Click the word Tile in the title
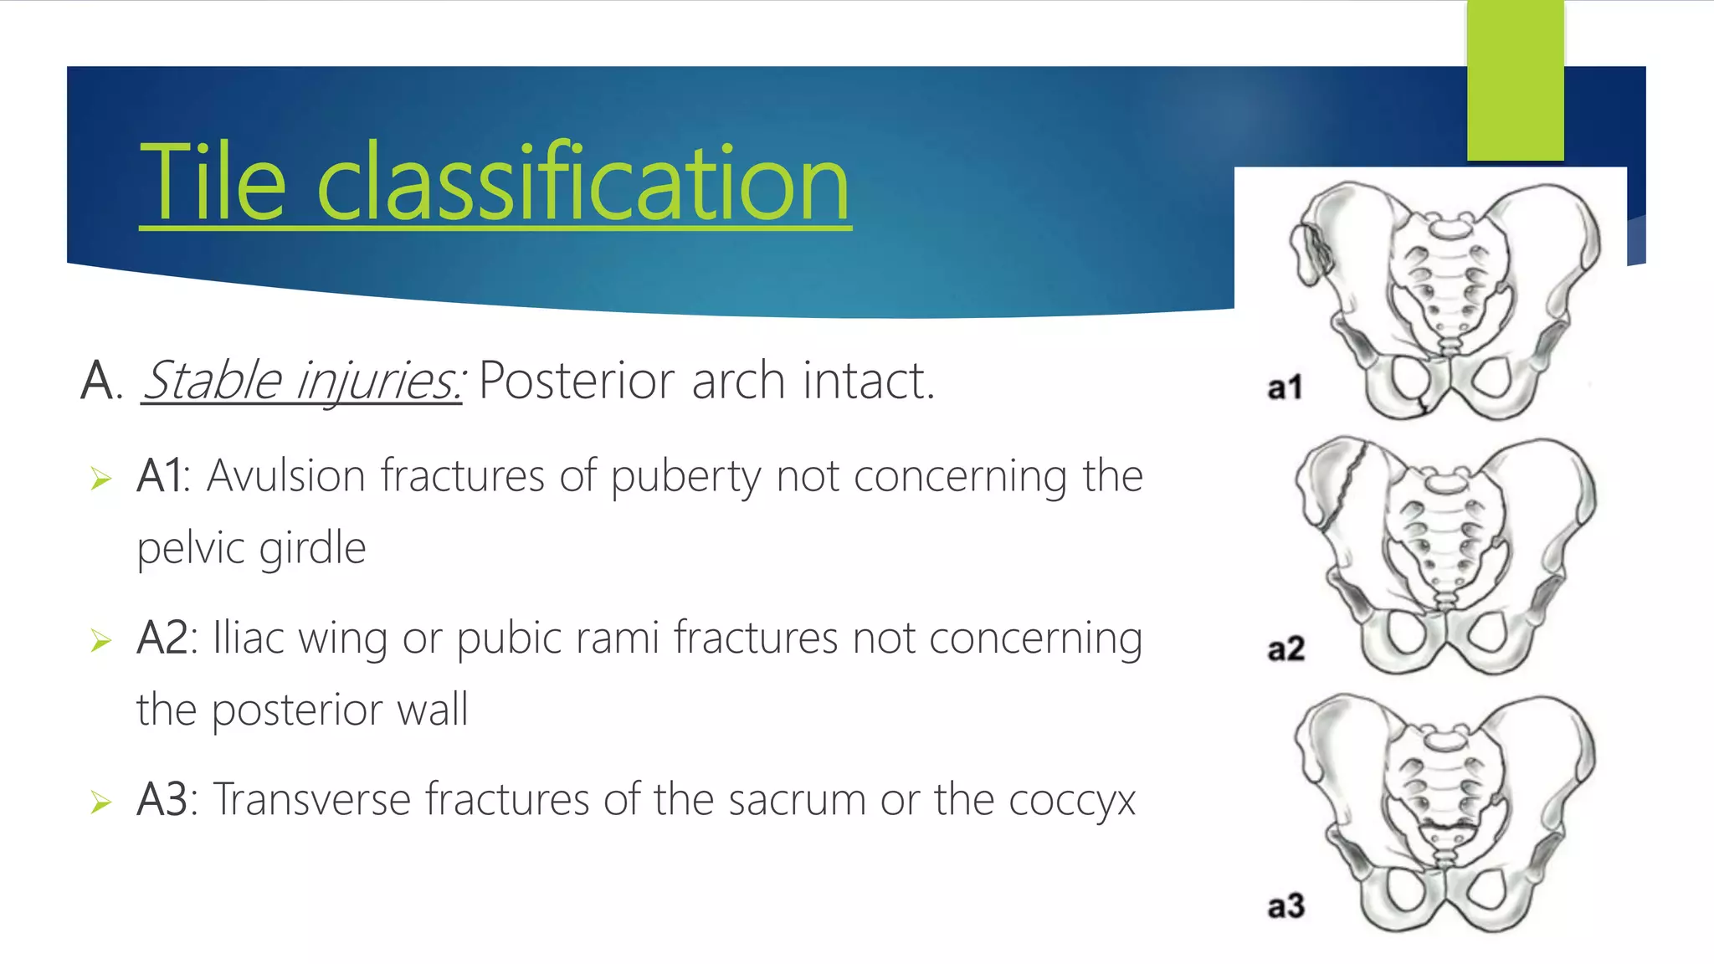pyautogui.click(x=213, y=182)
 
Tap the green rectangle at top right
pyautogui.click(x=1515, y=79)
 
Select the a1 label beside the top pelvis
pyautogui.click(x=1285, y=388)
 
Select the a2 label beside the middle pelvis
pyautogui.click(x=1285, y=649)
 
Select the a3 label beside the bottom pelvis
pyautogui.click(x=1285, y=906)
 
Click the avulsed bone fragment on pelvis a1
pyautogui.click(x=1308, y=252)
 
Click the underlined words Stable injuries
pyautogui.click(x=301, y=381)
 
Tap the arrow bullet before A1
pyautogui.click(x=101, y=479)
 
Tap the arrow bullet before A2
pyautogui.click(x=101, y=641)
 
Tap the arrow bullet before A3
pyautogui.click(x=101, y=802)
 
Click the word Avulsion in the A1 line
pyautogui.click(x=285, y=476)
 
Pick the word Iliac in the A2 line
pyautogui.click(x=249, y=638)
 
